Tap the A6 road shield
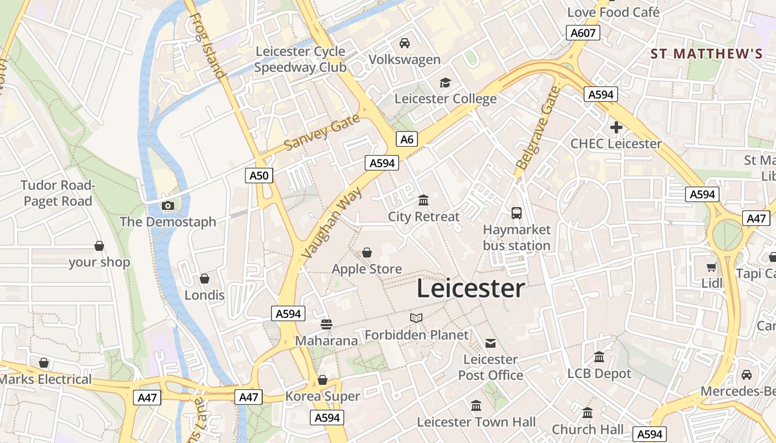[407, 139]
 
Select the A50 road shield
[258, 176]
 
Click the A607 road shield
[583, 33]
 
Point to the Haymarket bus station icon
[517, 213]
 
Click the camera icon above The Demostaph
[167, 206]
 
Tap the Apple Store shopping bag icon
[367, 253]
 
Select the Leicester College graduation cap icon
[445, 83]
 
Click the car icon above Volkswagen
[405, 43]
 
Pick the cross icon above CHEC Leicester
[616, 128]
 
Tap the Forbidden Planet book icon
[416, 318]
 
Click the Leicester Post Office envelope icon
[491, 343]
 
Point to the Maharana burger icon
[326, 324]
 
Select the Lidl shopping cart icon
[711, 267]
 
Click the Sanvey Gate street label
[322, 133]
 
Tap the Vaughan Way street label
[332, 223]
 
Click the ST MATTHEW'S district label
[707, 54]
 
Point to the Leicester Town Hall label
[476, 422]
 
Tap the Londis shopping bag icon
[205, 279]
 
